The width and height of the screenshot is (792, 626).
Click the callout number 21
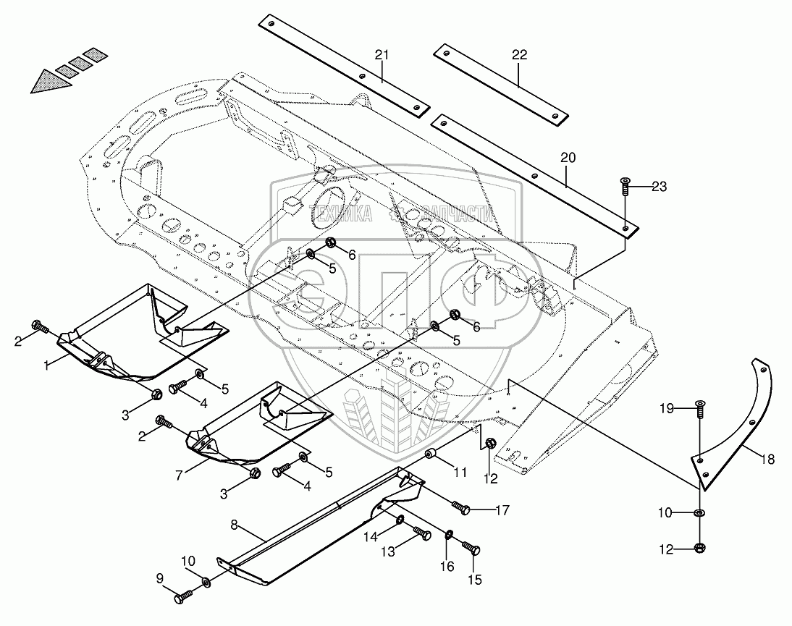tap(382, 55)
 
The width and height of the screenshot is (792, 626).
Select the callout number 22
tap(519, 55)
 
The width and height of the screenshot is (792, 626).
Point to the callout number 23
tap(659, 186)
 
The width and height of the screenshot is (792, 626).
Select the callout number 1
tap(47, 366)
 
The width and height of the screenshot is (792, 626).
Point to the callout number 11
tap(460, 473)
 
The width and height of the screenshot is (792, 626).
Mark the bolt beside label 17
tap(461, 509)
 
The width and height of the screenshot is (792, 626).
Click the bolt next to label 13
tap(422, 536)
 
